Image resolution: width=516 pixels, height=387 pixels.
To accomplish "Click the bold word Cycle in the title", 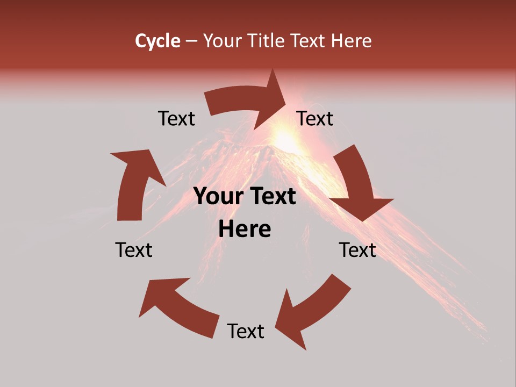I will click(x=157, y=41).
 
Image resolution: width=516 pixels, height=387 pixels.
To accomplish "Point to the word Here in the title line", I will click(x=353, y=41).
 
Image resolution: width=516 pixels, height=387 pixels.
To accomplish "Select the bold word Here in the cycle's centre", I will click(x=245, y=230).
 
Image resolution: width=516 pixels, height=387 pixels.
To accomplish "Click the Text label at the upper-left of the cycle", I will click(x=176, y=118).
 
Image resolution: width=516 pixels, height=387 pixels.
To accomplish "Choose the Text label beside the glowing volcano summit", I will click(x=315, y=118).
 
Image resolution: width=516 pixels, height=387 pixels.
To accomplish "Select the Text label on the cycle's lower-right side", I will click(x=357, y=250).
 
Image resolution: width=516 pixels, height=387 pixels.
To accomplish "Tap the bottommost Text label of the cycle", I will click(x=246, y=331).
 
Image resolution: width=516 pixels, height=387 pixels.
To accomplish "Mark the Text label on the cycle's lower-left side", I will click(x=134, y=250).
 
